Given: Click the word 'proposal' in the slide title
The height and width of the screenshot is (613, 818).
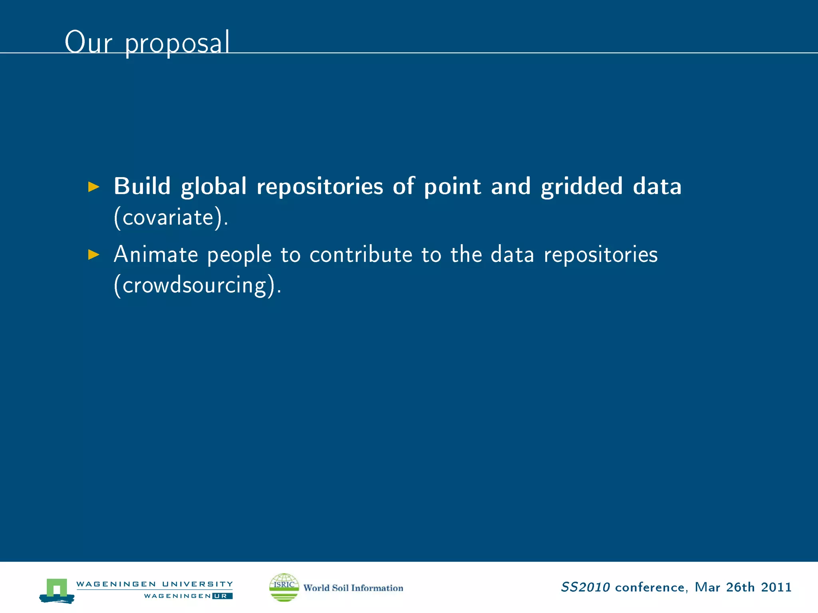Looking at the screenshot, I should click(177, 43).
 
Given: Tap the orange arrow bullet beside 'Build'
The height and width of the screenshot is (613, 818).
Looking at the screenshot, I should click(93, 186).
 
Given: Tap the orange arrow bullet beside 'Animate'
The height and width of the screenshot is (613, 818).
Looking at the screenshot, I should click(93, 254).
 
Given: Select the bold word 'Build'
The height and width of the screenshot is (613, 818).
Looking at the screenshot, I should click(142, 186).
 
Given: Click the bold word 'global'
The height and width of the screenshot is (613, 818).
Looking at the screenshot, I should click(214, 187).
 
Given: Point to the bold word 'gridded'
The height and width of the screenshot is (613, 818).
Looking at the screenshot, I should click(582, 187).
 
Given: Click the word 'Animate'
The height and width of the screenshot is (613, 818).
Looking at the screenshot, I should click(156, 254).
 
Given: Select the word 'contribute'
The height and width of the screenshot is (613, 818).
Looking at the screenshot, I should click(361, 254).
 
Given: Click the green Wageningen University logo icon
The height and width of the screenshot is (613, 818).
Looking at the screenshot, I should click(57, 590).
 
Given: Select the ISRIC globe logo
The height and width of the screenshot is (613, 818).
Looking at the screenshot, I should click(284, 587).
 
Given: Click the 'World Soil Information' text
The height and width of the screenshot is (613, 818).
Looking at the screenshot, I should click(353, 588).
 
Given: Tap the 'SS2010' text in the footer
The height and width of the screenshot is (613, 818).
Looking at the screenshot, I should click(585, 587).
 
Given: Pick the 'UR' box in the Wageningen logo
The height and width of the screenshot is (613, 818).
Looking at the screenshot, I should click(222, 596).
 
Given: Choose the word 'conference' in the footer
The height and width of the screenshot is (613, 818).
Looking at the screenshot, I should click(650, 587).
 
